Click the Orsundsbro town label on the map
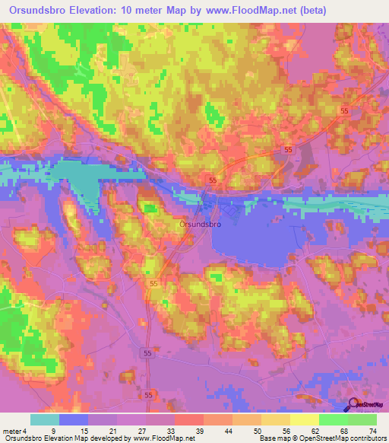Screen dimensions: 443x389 [x=200, y=225]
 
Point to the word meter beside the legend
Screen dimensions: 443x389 [x=13, y=430]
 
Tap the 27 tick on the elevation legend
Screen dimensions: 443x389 [x=117, y=430]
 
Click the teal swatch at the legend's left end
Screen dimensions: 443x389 [x=45, y=419]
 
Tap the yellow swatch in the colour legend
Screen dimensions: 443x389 [x=305, y=419]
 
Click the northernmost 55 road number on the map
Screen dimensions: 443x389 [x=345, y=111]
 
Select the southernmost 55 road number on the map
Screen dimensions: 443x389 [x=147, y=395]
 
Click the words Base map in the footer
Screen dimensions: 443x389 [x=272, y=438]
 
